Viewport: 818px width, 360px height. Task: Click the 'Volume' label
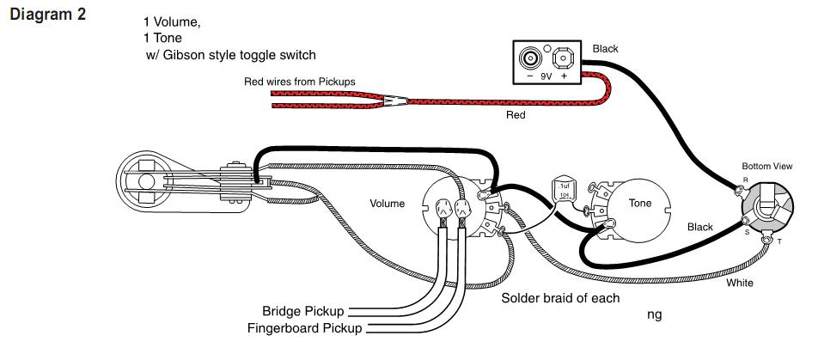click(388, 204)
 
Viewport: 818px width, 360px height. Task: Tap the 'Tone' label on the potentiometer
click(641, 204)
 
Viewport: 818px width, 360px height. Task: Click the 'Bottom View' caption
click(765, 164)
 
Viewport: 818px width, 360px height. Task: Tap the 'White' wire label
click(741, 282)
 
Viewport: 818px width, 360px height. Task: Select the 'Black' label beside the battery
click(605, 49)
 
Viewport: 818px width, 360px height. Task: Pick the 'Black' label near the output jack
click(700, 227)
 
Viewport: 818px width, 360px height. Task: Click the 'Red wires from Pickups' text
click(300, 82)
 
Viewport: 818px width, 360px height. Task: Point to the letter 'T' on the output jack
click(779, 242)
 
